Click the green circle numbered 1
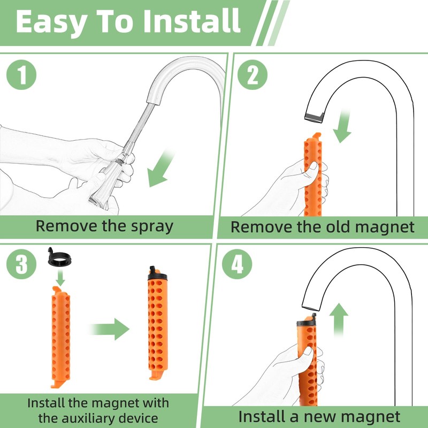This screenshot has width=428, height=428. pos(21,74)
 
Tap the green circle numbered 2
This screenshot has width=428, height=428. pos(253,74)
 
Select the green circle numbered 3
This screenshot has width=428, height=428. pos(21,264)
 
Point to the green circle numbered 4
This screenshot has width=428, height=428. pos(237,264)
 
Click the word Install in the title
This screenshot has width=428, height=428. pos(192,21)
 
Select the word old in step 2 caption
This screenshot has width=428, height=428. pos(338,227)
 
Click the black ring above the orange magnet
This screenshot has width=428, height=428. pos(59,258)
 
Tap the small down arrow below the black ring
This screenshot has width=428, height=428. pos(60,277)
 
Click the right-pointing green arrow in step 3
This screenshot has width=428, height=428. pos(109,329)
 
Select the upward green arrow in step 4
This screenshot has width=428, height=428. pos(339,319)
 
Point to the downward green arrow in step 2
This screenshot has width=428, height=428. pos(343,126)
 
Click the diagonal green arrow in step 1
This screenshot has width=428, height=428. pos(160,169)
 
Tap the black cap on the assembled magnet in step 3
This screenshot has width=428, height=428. pos(157,274)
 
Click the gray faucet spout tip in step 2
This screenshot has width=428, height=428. pos(314,117)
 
